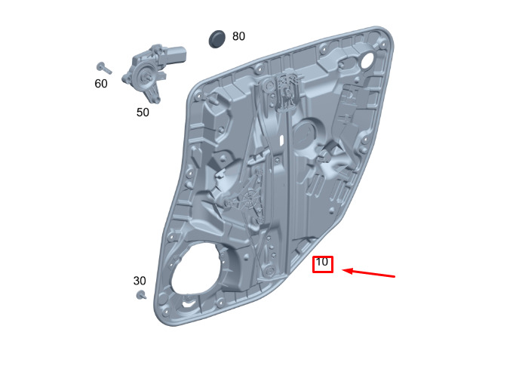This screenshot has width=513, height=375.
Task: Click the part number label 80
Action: point(238,36)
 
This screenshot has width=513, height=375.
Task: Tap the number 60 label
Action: point(101,84)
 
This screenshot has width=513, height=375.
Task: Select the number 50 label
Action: point(143,112)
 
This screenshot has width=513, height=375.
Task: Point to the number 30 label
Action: point(140,281)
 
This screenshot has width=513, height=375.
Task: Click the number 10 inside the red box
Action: point(321,262)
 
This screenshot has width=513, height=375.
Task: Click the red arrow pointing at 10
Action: point(368,273)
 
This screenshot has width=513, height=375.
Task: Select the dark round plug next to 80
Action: point(217,39)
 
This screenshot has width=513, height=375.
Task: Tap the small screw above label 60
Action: point(104,68)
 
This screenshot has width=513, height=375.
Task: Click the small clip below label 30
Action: point(141,294)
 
